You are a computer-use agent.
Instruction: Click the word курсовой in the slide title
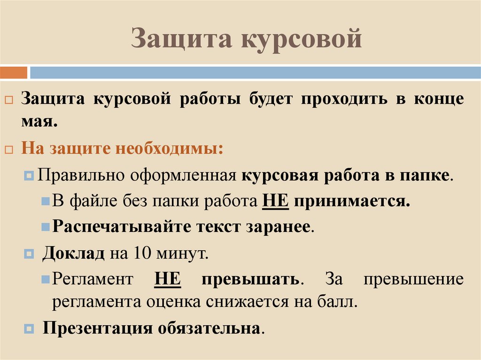point(301,38)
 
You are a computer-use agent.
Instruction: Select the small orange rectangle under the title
point(14,73)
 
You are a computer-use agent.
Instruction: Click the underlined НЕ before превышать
point(167,279)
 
